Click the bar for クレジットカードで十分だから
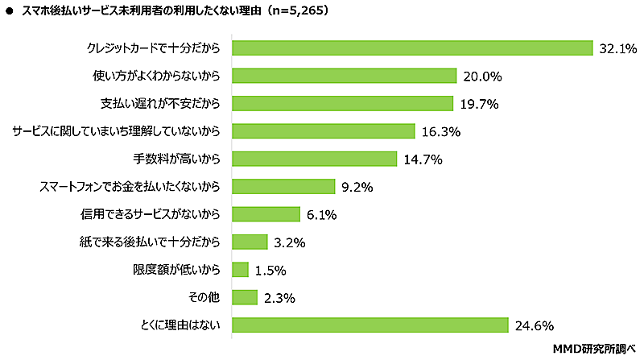pyautogui.click(x=412, y=48)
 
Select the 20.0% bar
pyautogui.click(x=344, y=77)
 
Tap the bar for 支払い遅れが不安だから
pyautogui.click(x=342, y=104)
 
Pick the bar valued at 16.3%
pyautogui.click(x=323, y=131)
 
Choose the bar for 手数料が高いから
pyautogui.click(x=314, y=159)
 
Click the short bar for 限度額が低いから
pyautogui.click(x=239, y=270)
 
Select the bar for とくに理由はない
pyautogui.click(x=369, y=325)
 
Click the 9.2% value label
pyautogui.click(x=357, y=188)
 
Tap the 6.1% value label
pyautogui.click(x=320, y=215)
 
